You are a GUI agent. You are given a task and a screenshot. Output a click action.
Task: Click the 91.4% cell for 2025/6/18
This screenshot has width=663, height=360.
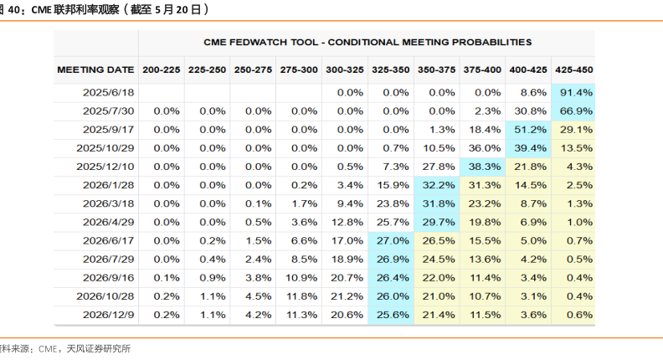click(573, 92)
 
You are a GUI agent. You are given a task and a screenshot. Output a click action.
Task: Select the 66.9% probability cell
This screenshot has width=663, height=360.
click(573, 111)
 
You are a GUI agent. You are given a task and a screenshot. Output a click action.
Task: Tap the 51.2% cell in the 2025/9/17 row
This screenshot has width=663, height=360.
click(528, 130)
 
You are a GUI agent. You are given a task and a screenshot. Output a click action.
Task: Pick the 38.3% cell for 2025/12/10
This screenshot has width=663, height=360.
click(482, 167)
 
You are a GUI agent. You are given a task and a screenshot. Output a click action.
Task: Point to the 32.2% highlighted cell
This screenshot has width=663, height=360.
click(436, 185)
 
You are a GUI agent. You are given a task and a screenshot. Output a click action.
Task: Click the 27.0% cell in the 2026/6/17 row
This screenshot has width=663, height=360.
click(390, 240)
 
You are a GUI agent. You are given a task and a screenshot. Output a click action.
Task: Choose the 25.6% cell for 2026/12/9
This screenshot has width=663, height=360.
click(390, 314)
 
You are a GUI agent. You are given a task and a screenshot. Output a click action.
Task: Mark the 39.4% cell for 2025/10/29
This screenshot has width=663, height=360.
click(528, 148)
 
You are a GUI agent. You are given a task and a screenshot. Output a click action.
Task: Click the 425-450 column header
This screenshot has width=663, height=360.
click(573, 69)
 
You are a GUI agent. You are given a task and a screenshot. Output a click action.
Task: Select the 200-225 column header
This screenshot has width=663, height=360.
click(161, 69)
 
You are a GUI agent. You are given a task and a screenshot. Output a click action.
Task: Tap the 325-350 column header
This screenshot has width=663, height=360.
click(390, 69)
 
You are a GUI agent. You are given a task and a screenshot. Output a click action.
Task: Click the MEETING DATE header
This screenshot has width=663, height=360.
click(95, 69)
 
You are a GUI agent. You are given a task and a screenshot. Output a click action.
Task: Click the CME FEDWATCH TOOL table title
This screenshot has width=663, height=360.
click(367, 41)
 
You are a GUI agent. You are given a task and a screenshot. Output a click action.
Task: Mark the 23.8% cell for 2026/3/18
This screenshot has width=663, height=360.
click(390, 203)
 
